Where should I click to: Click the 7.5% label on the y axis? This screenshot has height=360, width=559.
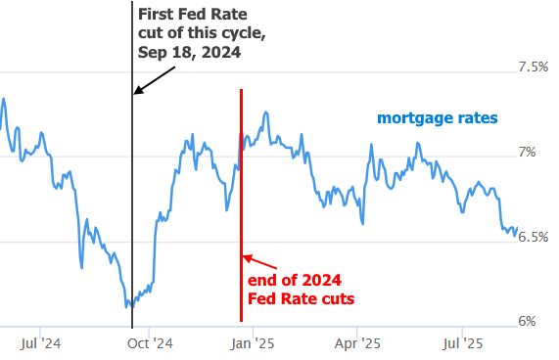point(533,67)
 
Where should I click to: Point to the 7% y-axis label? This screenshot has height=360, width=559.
point(527,152)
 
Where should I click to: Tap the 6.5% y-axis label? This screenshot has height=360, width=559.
point(533,237)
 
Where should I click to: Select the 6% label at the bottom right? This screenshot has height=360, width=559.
point(527,321)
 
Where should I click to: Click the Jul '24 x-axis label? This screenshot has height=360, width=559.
point(40,344)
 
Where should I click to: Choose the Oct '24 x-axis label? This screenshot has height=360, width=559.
point(150,344)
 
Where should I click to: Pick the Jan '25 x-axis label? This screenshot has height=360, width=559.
point(254,344)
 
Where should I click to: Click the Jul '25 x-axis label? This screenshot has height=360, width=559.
point(462,344)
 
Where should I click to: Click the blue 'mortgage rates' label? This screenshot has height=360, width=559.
point(438,118)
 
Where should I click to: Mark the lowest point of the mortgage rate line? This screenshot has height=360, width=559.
point(127,307)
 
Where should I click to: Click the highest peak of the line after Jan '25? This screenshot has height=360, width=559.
point(265,112)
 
